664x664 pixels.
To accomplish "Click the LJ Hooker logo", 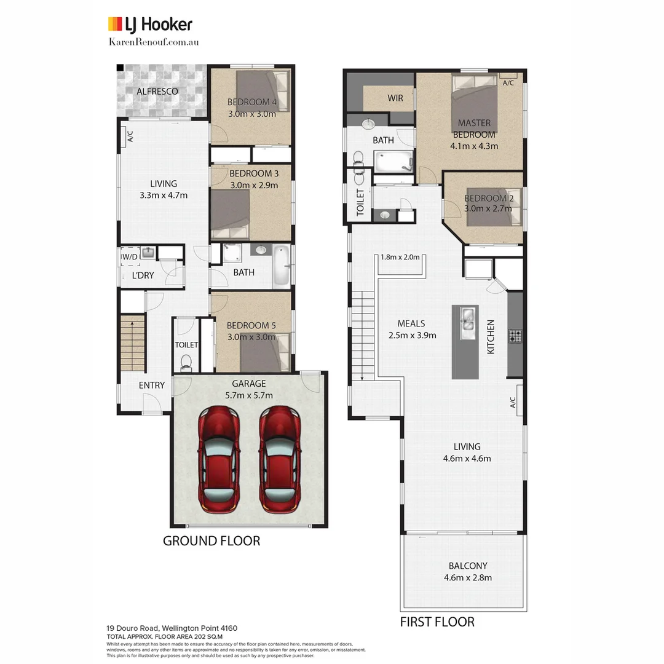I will [150, 25].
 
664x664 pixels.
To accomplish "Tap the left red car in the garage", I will [219, 459].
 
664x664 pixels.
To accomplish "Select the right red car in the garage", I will [279, 459].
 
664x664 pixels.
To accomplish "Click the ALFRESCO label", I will [157, 92].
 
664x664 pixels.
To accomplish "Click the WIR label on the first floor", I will [395, 98].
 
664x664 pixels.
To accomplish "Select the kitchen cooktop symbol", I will [515, 336].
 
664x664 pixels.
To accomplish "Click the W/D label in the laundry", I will [130, 256].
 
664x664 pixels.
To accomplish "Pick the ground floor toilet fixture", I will [186, 362].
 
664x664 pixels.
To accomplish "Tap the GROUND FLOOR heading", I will [211, 541].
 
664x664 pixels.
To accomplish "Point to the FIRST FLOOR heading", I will [437, 622].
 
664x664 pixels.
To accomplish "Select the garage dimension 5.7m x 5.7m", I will [249, 395].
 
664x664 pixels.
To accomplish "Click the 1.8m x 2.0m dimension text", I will [400, 258].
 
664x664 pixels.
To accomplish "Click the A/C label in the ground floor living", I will [130, 136].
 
